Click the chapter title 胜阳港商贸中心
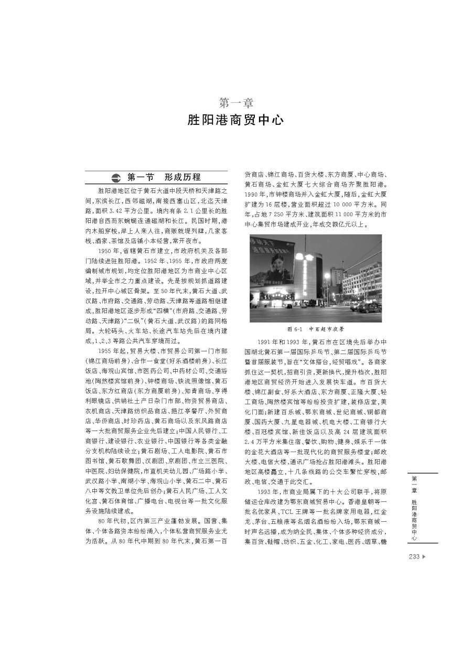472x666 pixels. (235, 120)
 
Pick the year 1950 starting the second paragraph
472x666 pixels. (107, 250)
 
